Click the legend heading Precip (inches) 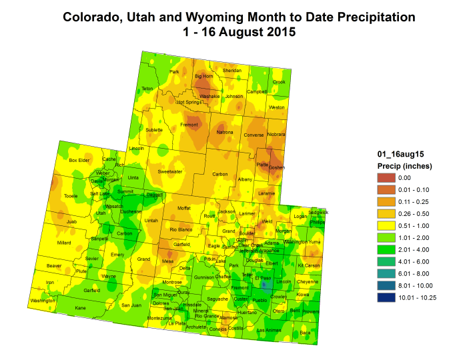405,166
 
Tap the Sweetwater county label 170,171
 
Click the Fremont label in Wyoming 189,125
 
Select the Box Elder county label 79,160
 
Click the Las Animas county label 269,330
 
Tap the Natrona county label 225,133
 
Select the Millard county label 64,243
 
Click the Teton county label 147,89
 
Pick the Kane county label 81,308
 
